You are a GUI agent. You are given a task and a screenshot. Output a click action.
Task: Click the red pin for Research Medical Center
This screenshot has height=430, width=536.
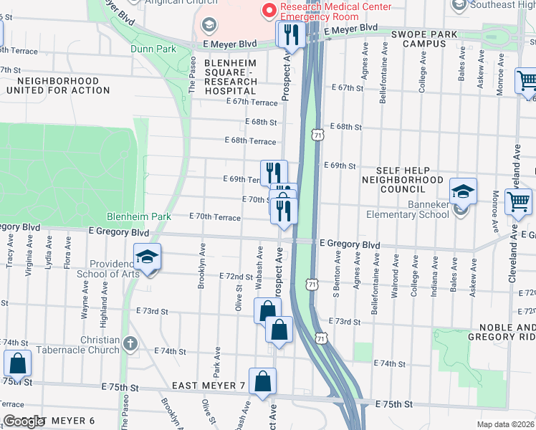point(269,9)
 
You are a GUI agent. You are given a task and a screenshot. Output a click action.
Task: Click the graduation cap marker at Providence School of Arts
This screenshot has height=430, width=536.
point(148,258)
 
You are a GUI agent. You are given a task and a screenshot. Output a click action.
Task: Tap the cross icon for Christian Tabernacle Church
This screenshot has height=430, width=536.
point(130,344)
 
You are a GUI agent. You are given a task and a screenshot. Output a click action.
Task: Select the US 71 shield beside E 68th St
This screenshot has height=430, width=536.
point(317,135)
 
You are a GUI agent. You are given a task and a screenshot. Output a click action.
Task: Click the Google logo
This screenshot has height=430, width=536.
point(23,421)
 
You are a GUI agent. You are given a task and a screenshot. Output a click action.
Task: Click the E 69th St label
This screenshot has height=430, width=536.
point(339,166)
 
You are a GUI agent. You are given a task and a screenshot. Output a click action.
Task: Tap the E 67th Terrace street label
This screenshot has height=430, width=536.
point(251,102)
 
